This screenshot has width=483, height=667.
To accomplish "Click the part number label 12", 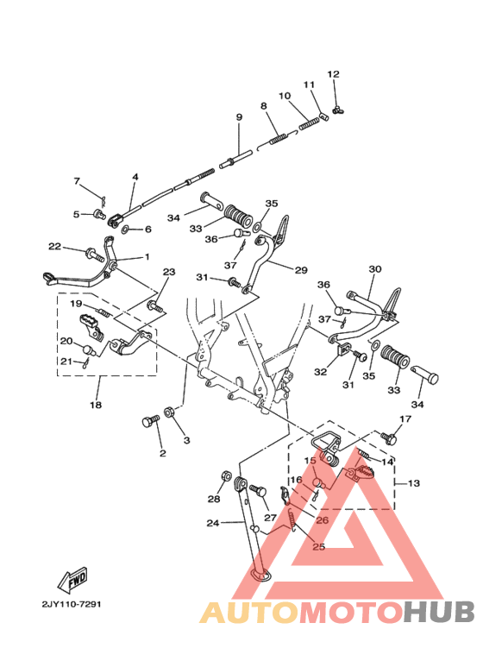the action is click(333, 74).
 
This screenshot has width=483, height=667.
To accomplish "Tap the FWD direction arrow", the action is click(73, 580).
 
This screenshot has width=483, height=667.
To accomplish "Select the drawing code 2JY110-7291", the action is click(71, 604).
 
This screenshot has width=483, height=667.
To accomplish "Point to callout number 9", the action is click(239, 116).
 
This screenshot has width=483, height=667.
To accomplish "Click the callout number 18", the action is click(96, 404).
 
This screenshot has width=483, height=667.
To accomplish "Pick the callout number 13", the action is click(413, 483).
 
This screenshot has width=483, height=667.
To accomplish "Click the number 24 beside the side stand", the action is click(212, 523).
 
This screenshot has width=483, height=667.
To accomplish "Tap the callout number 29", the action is click(301, 270).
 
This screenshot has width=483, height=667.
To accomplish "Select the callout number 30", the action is click(375, 269).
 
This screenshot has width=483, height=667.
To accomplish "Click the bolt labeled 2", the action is click(151, 422).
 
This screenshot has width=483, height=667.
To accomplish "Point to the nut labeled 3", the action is click(167, 412).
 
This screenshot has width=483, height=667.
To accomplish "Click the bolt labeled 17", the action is click(389, 437).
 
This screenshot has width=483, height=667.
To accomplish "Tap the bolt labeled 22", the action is click(95, 255).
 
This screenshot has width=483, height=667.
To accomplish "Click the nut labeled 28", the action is click(227, 475).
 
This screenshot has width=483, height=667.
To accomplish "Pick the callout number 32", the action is click(321, 371).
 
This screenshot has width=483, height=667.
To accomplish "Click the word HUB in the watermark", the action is click(438, 613).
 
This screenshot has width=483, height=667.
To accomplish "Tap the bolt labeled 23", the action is click(155, 306).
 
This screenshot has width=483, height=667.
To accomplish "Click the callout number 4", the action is click(135, 176).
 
